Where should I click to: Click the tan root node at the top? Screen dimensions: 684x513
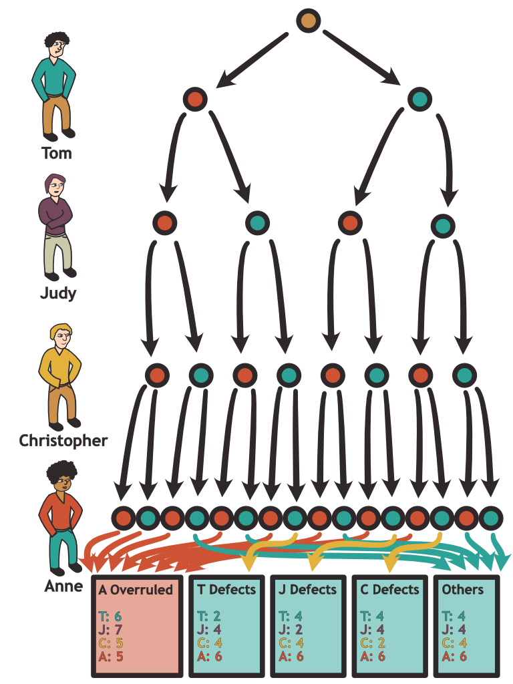[x=309, y=21]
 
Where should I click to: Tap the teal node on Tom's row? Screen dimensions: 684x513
[x=419, y=100]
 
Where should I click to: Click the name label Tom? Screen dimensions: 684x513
[x=57, y=154]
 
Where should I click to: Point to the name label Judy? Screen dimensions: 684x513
[x=57, y=293]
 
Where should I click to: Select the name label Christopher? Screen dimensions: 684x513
[x=63, y=441]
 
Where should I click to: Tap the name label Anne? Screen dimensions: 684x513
[x=64, y=587]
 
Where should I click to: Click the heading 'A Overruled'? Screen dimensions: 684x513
[x=136, y=590]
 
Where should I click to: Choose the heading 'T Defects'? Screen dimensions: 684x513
[x=226, y=590]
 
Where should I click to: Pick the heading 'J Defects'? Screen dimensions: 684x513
[x=308, y=590]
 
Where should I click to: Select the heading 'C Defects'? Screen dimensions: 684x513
[x=389, y=590]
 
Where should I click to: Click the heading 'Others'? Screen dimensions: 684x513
[x=462, y=590]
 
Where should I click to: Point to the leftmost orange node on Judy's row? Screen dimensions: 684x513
[x=165, y=222]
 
